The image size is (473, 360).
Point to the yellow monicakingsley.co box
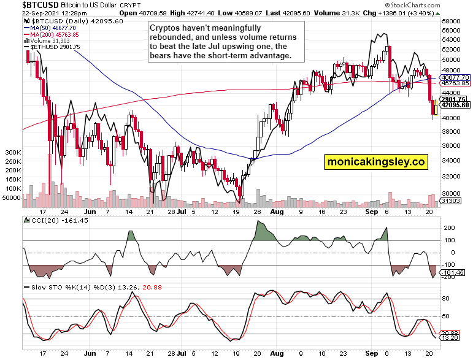(375, 162)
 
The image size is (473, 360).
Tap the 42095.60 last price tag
(455, 105)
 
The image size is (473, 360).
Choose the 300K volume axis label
(12, 151)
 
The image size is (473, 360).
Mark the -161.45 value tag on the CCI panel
(454, 272)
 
